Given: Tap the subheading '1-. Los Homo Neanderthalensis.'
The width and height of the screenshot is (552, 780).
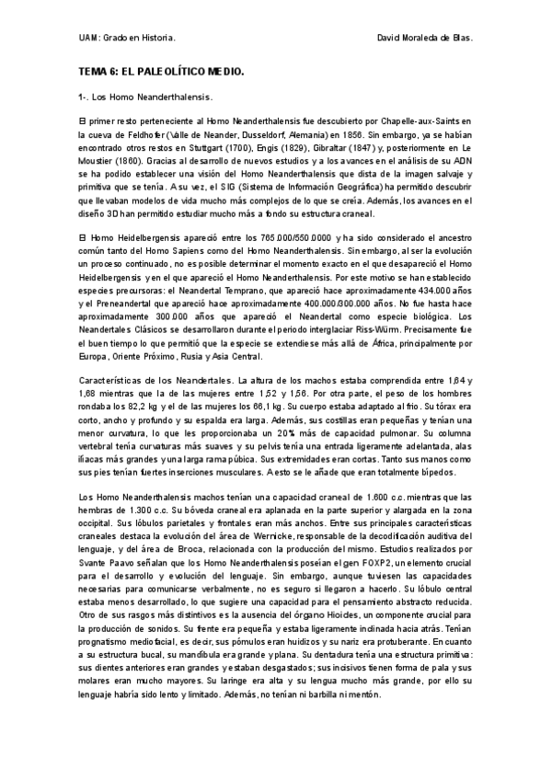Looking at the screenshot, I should coord(146,97).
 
